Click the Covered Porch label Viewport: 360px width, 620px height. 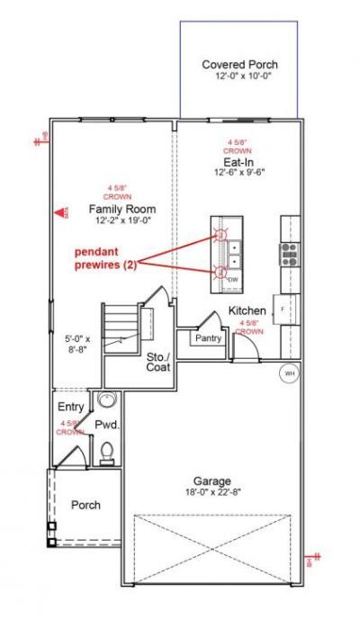point(239,65)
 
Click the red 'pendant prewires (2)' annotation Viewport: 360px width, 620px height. point(106,259)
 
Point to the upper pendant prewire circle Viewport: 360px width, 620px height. point(222,236)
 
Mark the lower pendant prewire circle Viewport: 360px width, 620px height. point(222,271)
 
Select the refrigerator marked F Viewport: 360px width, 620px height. point(284,308)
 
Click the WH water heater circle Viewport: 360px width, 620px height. point(289,372)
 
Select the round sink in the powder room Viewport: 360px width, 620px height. point(106,400)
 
